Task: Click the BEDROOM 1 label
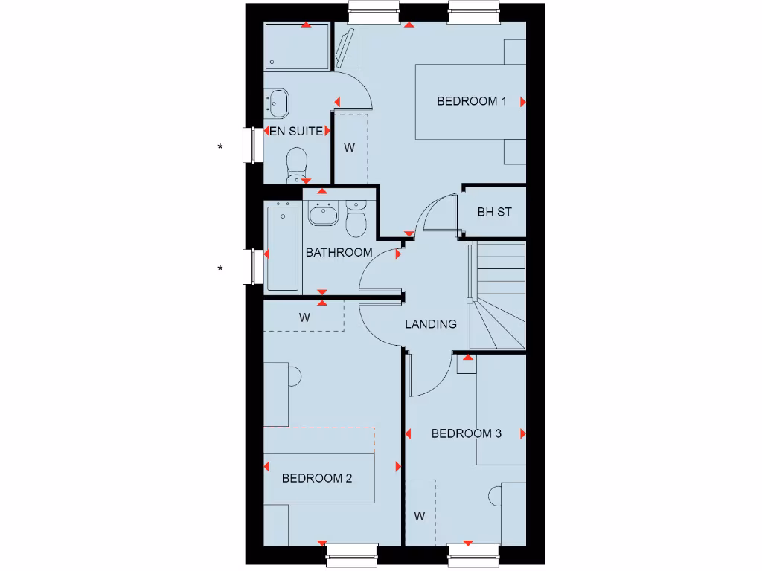[x=471, y=101]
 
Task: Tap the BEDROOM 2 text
[x=316, y=478]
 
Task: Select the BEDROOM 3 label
[x=466, y=433]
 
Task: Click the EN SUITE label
[x=296, y=132]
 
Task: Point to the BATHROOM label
[x=339, y=253]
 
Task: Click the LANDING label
[x=430, y=324]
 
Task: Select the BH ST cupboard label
[x=494, y=213]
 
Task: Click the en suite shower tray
[x=297, y=46]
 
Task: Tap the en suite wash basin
[x=279, y=103]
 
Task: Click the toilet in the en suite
[x=297, y=164]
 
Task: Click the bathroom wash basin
[x=323, y=213]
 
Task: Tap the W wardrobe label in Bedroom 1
[x=349, y=147]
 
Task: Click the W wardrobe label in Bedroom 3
[x=420, y=516]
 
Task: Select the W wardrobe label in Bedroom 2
[x=304, y=317]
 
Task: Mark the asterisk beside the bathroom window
[x=220, y=269]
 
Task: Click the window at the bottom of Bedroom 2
[x=352, y=554]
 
